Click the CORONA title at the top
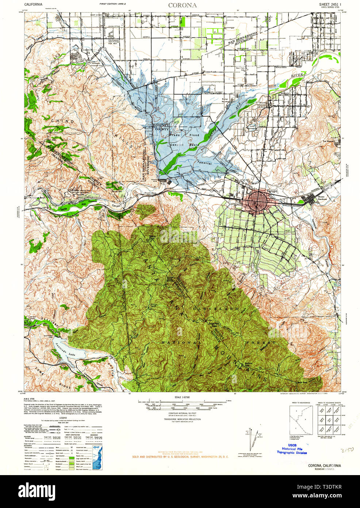click(x=182, y=5)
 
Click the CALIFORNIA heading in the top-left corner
click(x=33, y=5)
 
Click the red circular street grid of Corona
click(x=258, y=201)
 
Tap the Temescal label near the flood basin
click(x=204, y=163)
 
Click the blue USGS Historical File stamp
click(x=292, y=449)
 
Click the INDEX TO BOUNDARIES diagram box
click(x=301, y=420)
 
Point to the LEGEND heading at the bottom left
click(x=63, y=417)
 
